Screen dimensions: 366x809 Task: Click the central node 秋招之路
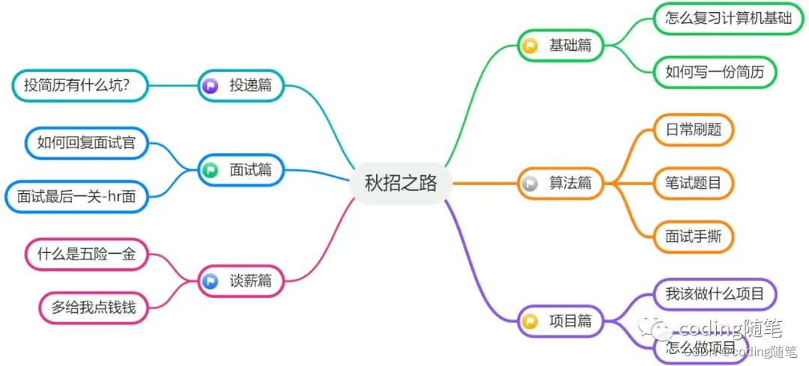[x=401, y=183]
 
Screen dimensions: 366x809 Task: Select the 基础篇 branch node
[x=560, y=45]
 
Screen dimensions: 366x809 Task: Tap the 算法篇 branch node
[x=560, y=183]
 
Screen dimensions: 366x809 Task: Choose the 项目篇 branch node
[x=560, y=322]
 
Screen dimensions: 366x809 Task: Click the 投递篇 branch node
[x=241, y=85]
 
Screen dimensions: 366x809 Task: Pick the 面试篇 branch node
[x=241, y=171]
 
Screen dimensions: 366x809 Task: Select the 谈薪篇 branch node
[x=241, y=281]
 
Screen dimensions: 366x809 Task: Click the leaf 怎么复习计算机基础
[x=728, y=19]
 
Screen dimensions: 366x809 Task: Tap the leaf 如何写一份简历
[x=715, y=73]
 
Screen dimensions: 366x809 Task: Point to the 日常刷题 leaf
[x=694, y=129]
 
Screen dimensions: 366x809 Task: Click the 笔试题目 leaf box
[x=694, y=183]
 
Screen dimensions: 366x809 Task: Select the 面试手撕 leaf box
[x=694, y=237]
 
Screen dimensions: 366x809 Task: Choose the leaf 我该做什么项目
[x=715, y=293]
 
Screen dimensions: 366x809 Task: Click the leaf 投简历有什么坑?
[x=77, y=85]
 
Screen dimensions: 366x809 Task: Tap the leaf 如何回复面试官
[x=87, y=142]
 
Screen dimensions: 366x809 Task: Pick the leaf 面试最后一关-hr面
[x=76, y=197]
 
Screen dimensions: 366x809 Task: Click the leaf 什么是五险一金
[x=87, y=254]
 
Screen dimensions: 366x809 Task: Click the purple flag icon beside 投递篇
[x=210, y=86]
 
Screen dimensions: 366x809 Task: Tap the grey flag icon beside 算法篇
[x=530, y=183]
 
